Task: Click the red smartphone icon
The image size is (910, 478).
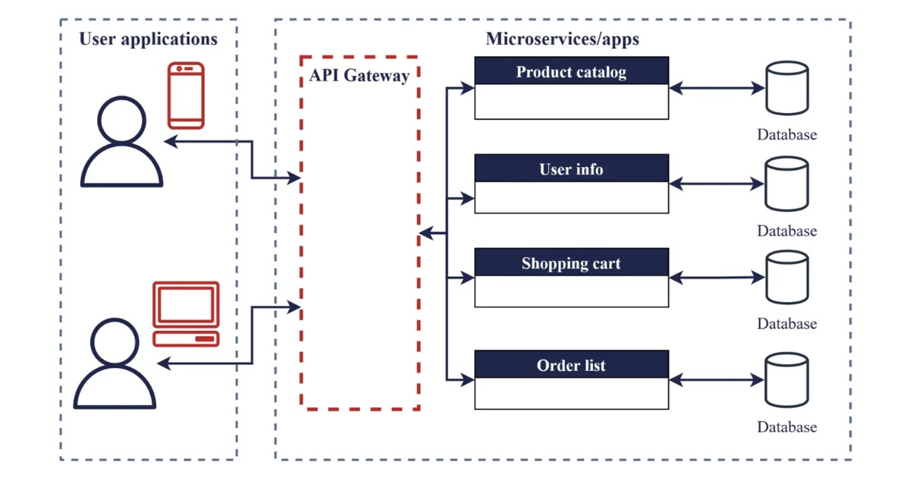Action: click(186, 95)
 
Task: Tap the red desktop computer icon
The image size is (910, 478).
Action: click(186, 313)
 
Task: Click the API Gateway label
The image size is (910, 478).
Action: click(359, 75)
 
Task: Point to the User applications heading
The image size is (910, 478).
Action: click(148, 39)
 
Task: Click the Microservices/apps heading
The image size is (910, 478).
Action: click(562, 39)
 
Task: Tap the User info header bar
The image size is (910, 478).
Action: click(572, 168)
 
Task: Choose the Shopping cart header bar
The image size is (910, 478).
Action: click(572, 263)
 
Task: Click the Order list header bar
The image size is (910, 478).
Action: click(572, 364)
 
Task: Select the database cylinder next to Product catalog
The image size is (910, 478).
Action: click(786, 88)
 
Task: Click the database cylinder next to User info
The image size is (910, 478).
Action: click(786, 184)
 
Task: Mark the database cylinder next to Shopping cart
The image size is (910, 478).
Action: click(786, 278)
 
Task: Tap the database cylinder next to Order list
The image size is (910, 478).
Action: click(786, 379)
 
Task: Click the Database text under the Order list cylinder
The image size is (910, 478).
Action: click(786, 427)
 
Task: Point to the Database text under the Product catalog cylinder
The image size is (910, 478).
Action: click(786, 135)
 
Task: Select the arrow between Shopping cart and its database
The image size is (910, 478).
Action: click(717, 278)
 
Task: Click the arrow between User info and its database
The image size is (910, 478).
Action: click(717, 184)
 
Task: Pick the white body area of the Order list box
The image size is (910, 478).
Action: click(572, 393)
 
